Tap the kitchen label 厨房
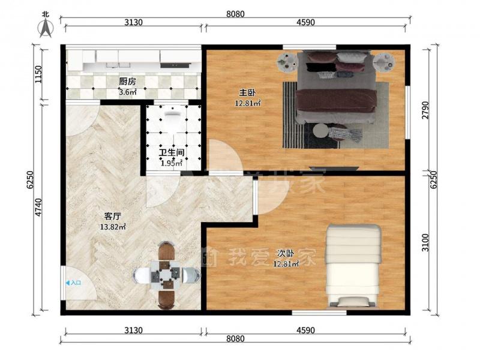[127, 82]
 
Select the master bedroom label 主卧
[247, 92]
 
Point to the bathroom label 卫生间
[172, 153]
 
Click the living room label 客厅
[113, 217]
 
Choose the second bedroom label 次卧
[286, 253]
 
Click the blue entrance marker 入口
[73, 283]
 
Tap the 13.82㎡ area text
[113, 227]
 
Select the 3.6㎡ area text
[127, 92]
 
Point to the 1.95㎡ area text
[172, 163]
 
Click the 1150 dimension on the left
[38, 74]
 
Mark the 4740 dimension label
[38, 208]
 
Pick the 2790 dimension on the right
[425, 110]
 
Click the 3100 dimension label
[425, 243]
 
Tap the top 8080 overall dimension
[235, 14]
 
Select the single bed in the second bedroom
[353, 265]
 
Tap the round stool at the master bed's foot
[320, 131]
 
